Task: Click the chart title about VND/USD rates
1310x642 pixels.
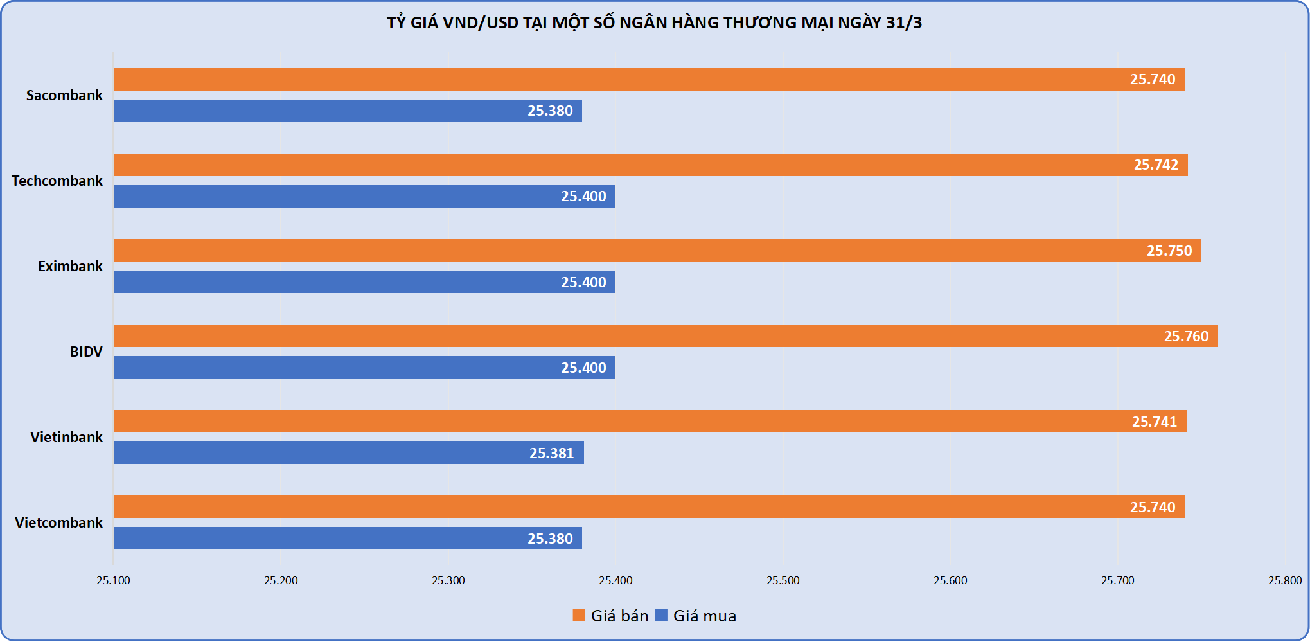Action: (x=654, y=23)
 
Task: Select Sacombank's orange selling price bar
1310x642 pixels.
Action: (x=649, y=80)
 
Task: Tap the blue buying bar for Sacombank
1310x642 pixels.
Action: (x=348, y=111)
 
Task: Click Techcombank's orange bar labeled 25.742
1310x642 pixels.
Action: (x=650, y=165)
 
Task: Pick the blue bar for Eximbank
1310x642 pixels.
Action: (x=364, y=282)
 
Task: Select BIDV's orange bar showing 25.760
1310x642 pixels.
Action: (x=666, y=336)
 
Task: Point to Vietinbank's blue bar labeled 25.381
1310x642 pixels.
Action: (x=348, y=453)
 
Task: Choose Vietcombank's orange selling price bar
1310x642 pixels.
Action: (x=649, y=507)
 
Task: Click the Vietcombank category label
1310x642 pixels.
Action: (x=58, y=522)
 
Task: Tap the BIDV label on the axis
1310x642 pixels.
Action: (x=86, y=352)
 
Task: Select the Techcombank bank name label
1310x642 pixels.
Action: (x=57, y=181)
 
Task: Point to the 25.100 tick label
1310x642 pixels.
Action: (x=113, y=580)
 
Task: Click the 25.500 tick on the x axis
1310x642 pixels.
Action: (x=783, y=580)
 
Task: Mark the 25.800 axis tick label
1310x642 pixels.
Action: (x=1284, y=580)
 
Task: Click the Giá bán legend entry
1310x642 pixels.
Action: (x=611, y=616)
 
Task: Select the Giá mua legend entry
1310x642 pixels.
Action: (x=696, y=616)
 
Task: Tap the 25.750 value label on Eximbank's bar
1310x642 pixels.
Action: (x=1169, y=251)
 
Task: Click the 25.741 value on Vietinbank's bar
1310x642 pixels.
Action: (x=1154, y=422)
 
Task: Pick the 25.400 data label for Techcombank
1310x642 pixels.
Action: (x=583, y=196)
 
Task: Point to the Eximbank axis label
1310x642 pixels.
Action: (x=70, y=266)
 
